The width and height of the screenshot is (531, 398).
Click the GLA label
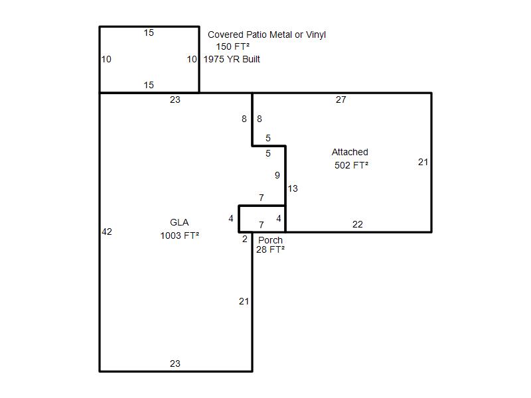point(179,222)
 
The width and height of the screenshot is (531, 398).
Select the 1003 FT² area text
point(179,235)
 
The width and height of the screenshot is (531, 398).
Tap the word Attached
point(350,152)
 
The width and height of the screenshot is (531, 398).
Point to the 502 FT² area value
point(351,165)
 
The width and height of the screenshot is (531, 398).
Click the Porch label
point(270,240)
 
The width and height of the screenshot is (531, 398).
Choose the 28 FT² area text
point(270,249)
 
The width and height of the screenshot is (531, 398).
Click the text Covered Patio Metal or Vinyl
point(267,34)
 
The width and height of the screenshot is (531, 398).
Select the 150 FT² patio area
point(233,46)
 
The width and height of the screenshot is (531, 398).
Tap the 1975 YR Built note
point(232,59)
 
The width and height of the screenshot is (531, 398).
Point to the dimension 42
point(107,232)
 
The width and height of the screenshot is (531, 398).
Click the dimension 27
point(341,99)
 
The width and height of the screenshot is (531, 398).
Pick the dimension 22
point(358,224)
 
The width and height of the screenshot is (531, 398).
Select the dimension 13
point(293,188)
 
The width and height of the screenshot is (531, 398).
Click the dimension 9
point(277,175)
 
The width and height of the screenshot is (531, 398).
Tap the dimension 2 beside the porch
point(245,239)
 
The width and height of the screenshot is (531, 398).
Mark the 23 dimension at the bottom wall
point(175,364)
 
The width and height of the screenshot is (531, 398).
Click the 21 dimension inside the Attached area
point(423,162)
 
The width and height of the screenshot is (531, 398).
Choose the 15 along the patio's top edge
point(149,33)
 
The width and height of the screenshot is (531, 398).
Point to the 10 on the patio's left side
point(106,59)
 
